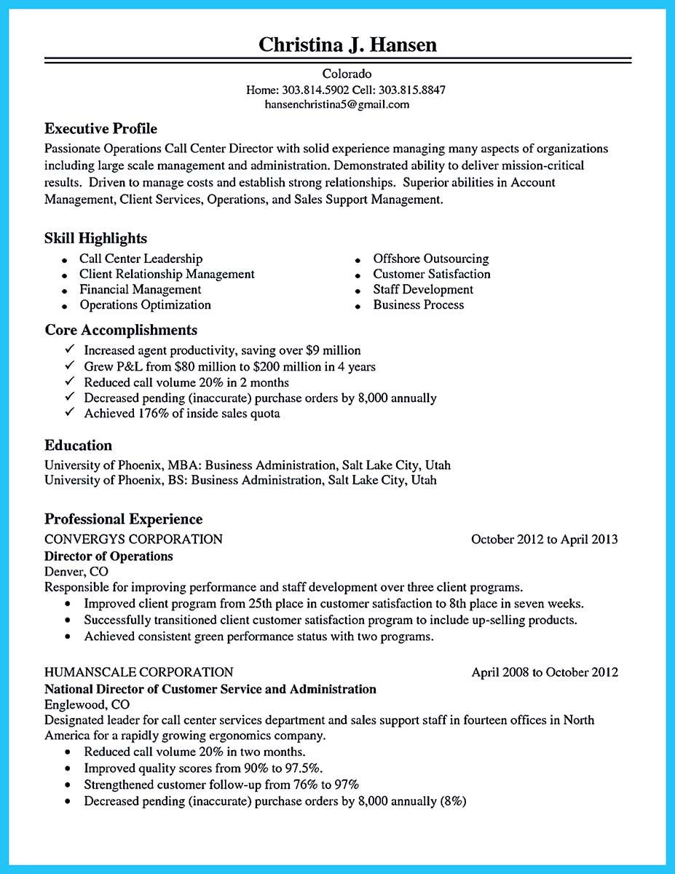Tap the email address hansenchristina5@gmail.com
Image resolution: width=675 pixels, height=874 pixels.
point(337,104)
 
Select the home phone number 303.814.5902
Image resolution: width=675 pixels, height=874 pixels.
point(309,90)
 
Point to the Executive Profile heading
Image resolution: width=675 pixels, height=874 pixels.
point(100,129)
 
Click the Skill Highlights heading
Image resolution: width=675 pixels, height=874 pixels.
point(95,238)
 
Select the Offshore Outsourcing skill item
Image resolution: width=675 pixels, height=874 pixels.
point(430,259)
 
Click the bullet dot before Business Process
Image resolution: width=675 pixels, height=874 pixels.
point(358,307)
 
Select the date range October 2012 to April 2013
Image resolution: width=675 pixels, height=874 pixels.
point(544,540)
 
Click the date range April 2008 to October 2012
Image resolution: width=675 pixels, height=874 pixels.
point(544,672)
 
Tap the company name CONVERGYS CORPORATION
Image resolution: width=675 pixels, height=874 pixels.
point(133,540)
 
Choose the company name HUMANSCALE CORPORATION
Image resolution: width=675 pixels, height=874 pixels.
point(138,672)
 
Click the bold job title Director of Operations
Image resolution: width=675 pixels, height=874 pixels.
point(108,556)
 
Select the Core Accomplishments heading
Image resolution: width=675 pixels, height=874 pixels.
point(121,330)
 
